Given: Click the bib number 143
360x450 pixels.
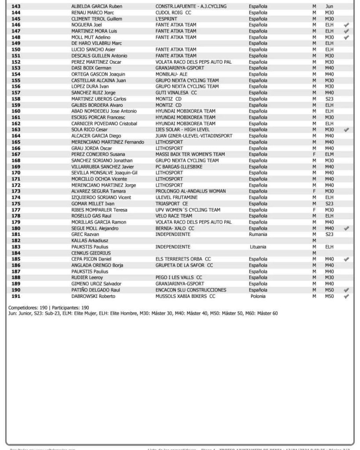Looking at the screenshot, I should (16, 7).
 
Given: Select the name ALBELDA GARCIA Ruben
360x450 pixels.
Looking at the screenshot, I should (97, 7).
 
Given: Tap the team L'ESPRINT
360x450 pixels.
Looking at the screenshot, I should (167, 19).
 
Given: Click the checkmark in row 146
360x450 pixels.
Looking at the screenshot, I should (346, 25).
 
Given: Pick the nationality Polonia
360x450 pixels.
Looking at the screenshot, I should (258, 296).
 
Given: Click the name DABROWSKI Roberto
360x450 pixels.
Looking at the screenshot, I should (93, 296).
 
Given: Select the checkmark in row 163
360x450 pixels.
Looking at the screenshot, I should (346, 130).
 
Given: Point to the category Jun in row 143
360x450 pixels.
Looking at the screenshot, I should (329, 7).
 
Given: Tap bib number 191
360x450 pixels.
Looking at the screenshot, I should (16, 296).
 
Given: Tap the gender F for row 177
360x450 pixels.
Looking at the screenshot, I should (314, 210).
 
